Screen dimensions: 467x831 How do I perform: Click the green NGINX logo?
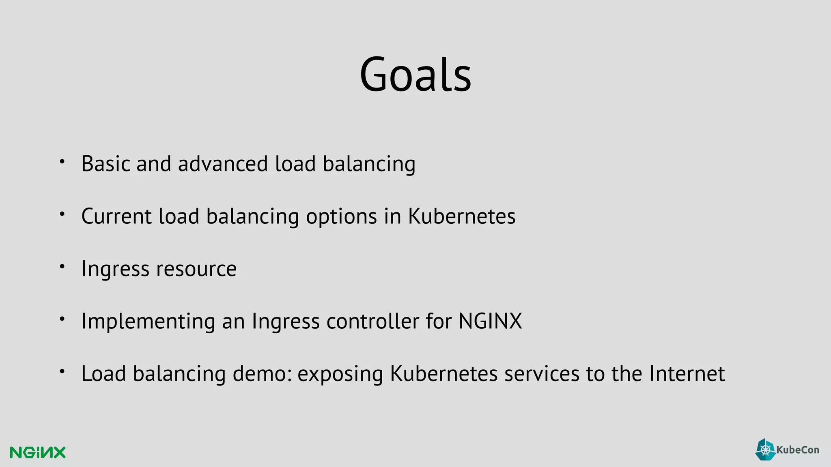pos(37,452)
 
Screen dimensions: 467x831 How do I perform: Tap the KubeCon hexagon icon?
pos(765,450)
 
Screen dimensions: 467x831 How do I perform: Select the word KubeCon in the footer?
pos(797,450)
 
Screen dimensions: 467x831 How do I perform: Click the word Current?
pos(116,216)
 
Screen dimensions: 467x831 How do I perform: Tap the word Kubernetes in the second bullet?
pos(461,216)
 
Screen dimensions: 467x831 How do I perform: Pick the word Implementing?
pos(148,321)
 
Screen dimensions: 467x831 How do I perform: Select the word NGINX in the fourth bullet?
pos(490,321)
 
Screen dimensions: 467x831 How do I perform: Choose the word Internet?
pos(687,373)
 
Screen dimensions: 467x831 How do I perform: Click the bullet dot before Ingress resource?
pos(62,267)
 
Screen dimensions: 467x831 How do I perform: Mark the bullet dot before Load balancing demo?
pos(62,371)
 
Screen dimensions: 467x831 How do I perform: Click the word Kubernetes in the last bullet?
pos(443,373)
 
